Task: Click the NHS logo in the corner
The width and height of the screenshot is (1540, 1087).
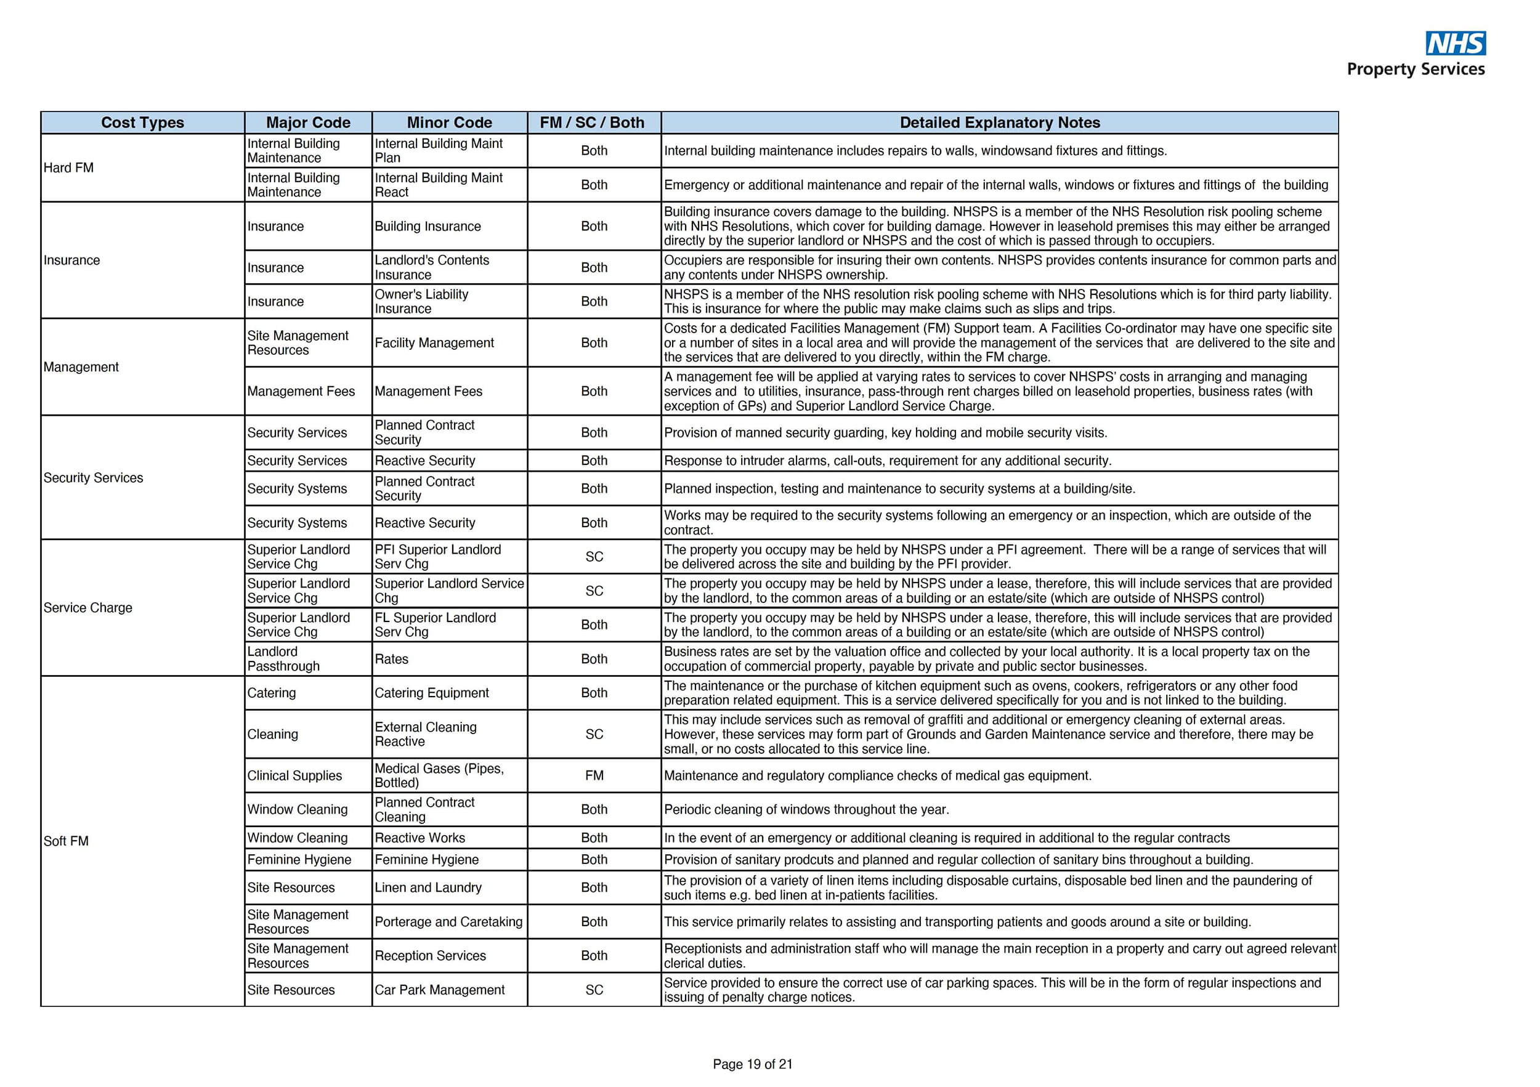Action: click(1455, 43)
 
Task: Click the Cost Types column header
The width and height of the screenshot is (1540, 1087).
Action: click(142, 123)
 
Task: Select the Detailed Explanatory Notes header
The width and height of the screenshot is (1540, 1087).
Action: click(999, 123)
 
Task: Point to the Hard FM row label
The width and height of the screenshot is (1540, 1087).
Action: click(68, 168)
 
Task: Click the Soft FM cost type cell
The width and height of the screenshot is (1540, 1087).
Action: click(66, 841)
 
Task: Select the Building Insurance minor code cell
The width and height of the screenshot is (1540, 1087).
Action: click(428, 227)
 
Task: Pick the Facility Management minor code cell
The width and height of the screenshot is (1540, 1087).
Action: click(434, 342)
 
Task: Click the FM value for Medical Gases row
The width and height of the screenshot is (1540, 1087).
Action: click(594, 776)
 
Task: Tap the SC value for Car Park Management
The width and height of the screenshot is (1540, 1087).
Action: click(594, 990)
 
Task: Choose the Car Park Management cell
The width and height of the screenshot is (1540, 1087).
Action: click(439, 990)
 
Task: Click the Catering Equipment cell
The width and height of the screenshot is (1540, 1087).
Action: click(431, 693)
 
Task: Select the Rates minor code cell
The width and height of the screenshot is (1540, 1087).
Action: click(391, 659)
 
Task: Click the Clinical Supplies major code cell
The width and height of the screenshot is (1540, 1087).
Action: click(294, 776)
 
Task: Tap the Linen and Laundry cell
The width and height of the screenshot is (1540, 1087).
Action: click(428, 888)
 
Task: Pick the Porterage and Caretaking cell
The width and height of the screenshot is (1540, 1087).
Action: click(448, 922)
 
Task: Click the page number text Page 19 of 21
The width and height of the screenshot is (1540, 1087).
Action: click(752, 1064)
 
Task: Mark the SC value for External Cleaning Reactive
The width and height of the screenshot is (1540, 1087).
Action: click(594, 734)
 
